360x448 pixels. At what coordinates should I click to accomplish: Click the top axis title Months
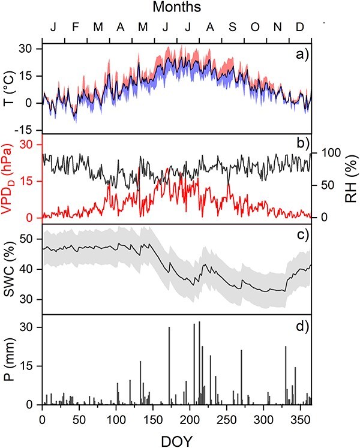click(x=177, y=7)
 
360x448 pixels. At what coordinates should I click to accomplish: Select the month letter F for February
click(x=75, y=27)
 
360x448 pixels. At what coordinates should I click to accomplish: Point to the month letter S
click(x=232, y=27)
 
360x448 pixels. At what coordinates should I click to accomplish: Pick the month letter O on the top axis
click(x=255, y=27)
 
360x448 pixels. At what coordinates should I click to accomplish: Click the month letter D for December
click(x=299, y=27)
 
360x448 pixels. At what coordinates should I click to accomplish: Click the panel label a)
click(x=302, y=54)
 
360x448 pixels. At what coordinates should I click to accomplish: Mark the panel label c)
click(x=302, y=235)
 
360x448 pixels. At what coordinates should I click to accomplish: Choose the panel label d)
click(x=302, y=326)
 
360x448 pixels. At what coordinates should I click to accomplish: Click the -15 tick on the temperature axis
click(x=29, y=130)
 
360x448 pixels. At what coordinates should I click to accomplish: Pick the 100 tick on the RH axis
click(x=329, y=153)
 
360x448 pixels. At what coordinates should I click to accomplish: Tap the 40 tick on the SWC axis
click(x=29, y=269)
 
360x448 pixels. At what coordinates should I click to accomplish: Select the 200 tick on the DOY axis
click(x=190, y=420)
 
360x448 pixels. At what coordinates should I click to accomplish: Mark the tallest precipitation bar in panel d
click(x=199, y=363)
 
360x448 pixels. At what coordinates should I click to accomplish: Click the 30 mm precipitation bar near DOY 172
click(x=169, y=366)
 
